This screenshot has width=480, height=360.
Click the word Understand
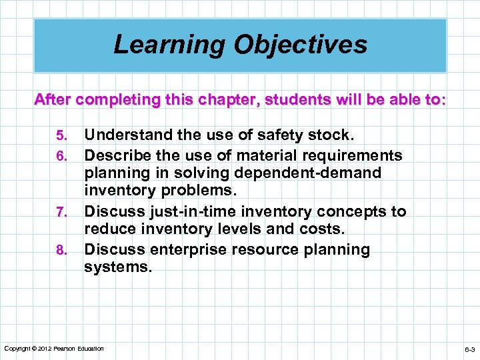click(x=126, y=136)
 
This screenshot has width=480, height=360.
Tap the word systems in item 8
click(x=117, y=268)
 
